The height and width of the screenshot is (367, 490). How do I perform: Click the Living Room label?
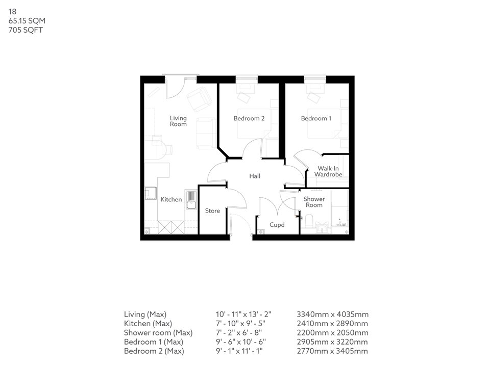coord(178,121)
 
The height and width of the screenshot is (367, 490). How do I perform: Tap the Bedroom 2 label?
coord(249,119)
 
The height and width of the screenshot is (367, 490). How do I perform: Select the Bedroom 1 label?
coord(316,119)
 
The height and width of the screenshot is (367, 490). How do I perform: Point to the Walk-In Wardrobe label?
coord(328,171)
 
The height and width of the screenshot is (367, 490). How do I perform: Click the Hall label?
coord(255,176)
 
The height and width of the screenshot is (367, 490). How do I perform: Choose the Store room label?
coord(212,211)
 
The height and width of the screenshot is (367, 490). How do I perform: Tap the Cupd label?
coord(277,225)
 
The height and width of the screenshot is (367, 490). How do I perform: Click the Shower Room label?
coord(314,202)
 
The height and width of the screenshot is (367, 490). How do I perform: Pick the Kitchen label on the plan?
coord(171,200)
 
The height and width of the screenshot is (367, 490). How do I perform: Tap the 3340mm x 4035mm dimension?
coord(332,314)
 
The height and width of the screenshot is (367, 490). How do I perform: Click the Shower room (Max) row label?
coord(158,333)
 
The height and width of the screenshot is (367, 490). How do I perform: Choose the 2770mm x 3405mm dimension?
coord(332,351)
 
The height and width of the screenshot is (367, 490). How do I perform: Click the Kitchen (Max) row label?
coord(148,324)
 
